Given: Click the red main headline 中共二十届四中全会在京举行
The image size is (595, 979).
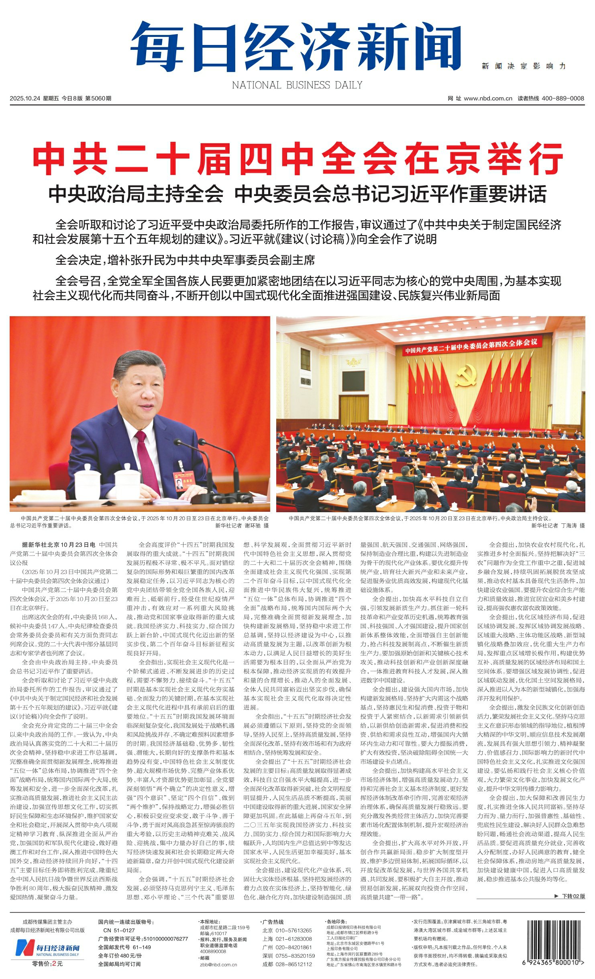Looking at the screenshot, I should [x=297, y=159].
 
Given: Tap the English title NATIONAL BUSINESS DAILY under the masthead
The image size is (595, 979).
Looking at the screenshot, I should [x=297, y=85].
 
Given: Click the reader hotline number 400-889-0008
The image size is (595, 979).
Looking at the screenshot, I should [x=562, y=98].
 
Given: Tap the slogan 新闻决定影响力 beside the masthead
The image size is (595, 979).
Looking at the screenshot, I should [x=524, y=66].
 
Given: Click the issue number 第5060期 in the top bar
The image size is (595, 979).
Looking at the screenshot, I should [x=98, y=98].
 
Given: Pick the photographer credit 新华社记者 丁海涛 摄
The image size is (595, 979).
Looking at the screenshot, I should [x=558, y=525].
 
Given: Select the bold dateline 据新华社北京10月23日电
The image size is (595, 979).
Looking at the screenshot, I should [x=59, y=545].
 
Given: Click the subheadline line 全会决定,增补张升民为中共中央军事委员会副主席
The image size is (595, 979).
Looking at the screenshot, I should [x=185, y=260].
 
